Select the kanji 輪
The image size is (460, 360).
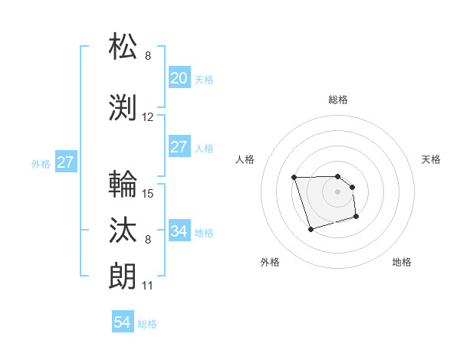(x=123, y=184)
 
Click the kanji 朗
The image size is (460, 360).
(x=123, y=275)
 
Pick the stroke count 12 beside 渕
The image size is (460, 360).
(x=148, y=117)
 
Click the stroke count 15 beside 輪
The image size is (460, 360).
(x=148, y=193)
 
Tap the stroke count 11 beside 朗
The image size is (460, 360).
(x=148, y=286)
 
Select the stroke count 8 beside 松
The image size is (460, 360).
(x=148, y=56)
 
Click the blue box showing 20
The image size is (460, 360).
(x=179, y=78)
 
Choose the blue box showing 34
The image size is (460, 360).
(x=179, y=231)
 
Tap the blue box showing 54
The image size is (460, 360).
(x=122, y=322)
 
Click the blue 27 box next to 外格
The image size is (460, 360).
(x=65, y=162)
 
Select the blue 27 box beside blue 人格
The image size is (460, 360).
(x=179, y=147)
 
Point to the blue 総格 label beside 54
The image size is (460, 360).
(x=147, y=324)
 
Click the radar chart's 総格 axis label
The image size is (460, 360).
(x=337, y=100)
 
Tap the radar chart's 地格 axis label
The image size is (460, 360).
(x=402, y=262)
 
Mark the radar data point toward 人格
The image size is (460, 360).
(x=294, y=178)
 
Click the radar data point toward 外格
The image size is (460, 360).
(x=310, y=229)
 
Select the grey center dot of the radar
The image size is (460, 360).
(x=337, y=191)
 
